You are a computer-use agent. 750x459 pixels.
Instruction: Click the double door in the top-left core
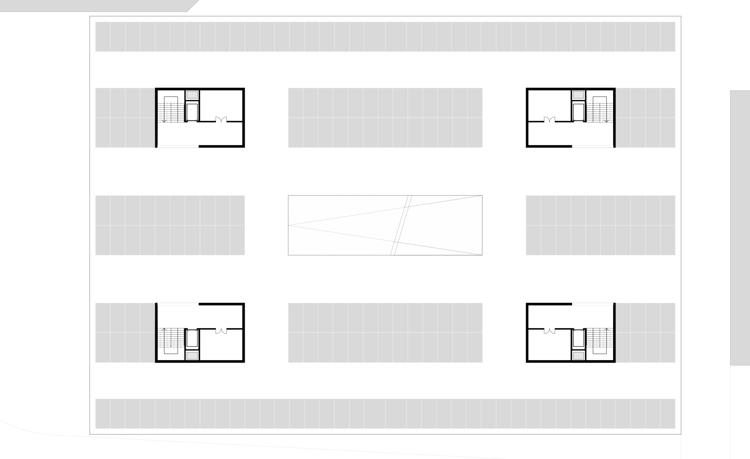click(221, 120)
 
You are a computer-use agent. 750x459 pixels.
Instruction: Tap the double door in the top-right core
click(549, 120)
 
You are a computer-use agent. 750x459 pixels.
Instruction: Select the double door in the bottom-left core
click(221, 331)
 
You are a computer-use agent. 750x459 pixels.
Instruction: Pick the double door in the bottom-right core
click(549, 331)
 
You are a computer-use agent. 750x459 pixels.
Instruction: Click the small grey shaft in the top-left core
click(192, 95)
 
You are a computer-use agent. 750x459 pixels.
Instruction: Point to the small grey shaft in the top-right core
click(578, 95)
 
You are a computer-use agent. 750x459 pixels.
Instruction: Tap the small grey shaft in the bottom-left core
click(192, 356)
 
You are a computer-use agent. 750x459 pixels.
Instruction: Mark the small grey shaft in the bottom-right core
click(578, 356)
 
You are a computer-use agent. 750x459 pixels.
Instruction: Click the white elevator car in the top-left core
click(192, 112)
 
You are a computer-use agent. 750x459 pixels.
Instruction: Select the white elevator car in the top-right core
click(578, 112)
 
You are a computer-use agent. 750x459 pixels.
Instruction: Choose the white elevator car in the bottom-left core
click(192, 338)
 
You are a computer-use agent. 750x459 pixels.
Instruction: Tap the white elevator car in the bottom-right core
click(578, 338)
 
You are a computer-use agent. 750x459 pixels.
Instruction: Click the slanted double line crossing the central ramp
click(401, 225)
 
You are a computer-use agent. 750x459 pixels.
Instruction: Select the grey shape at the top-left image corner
click(91, 5)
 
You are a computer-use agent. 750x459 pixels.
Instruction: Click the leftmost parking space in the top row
click(103, 37)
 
